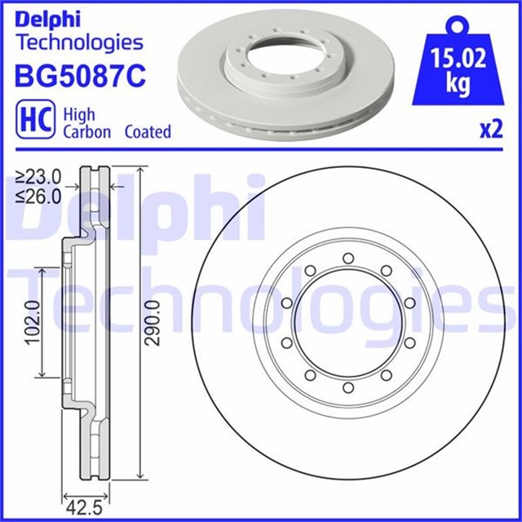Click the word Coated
tap(148, 131)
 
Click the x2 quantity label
tap(489, 130)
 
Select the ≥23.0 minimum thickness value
tap(39, 175)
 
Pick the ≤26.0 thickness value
tap(39, 195)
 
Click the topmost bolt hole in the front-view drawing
tap(348, 259)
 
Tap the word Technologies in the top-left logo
tap(79, 42)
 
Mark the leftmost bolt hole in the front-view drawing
tap(285, 323)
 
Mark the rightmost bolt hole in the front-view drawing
tap(412, 323)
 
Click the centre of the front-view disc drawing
tap(348, 323)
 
